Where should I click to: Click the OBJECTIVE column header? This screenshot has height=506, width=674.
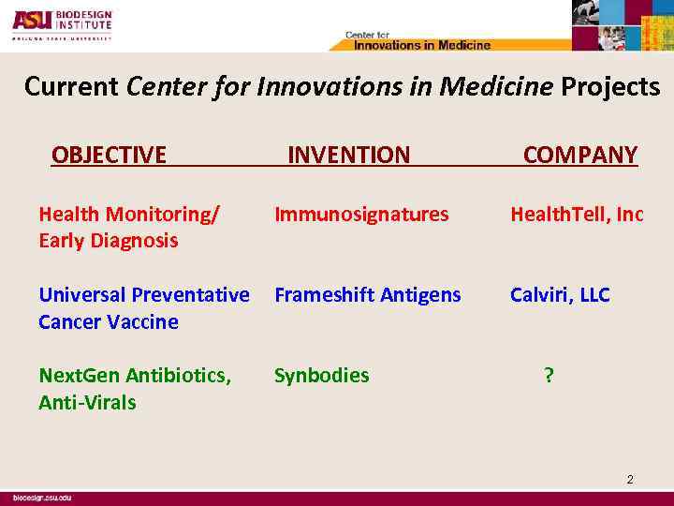(109, 155)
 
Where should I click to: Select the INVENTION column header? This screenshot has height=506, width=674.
(348, 155)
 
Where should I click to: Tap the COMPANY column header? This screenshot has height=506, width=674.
(580, 155)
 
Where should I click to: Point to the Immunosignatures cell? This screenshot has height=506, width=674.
(361, 215)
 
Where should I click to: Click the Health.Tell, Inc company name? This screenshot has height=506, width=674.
(577, 215)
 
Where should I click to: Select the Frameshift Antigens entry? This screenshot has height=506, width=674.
(367, 295)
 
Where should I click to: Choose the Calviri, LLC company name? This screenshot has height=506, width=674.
(560, 295)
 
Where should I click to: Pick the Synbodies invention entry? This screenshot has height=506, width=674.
(321, 376)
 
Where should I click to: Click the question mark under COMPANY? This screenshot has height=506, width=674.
(549, 376)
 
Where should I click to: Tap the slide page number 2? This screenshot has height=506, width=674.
(630, 480)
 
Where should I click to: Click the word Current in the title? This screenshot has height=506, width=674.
(71, 87)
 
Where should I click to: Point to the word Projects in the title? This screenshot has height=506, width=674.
(610, 87)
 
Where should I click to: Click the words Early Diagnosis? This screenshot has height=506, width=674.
(108, 241)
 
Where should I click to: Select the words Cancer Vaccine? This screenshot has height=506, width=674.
(108, 321)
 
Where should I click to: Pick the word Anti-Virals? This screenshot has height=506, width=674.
(87, 403)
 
